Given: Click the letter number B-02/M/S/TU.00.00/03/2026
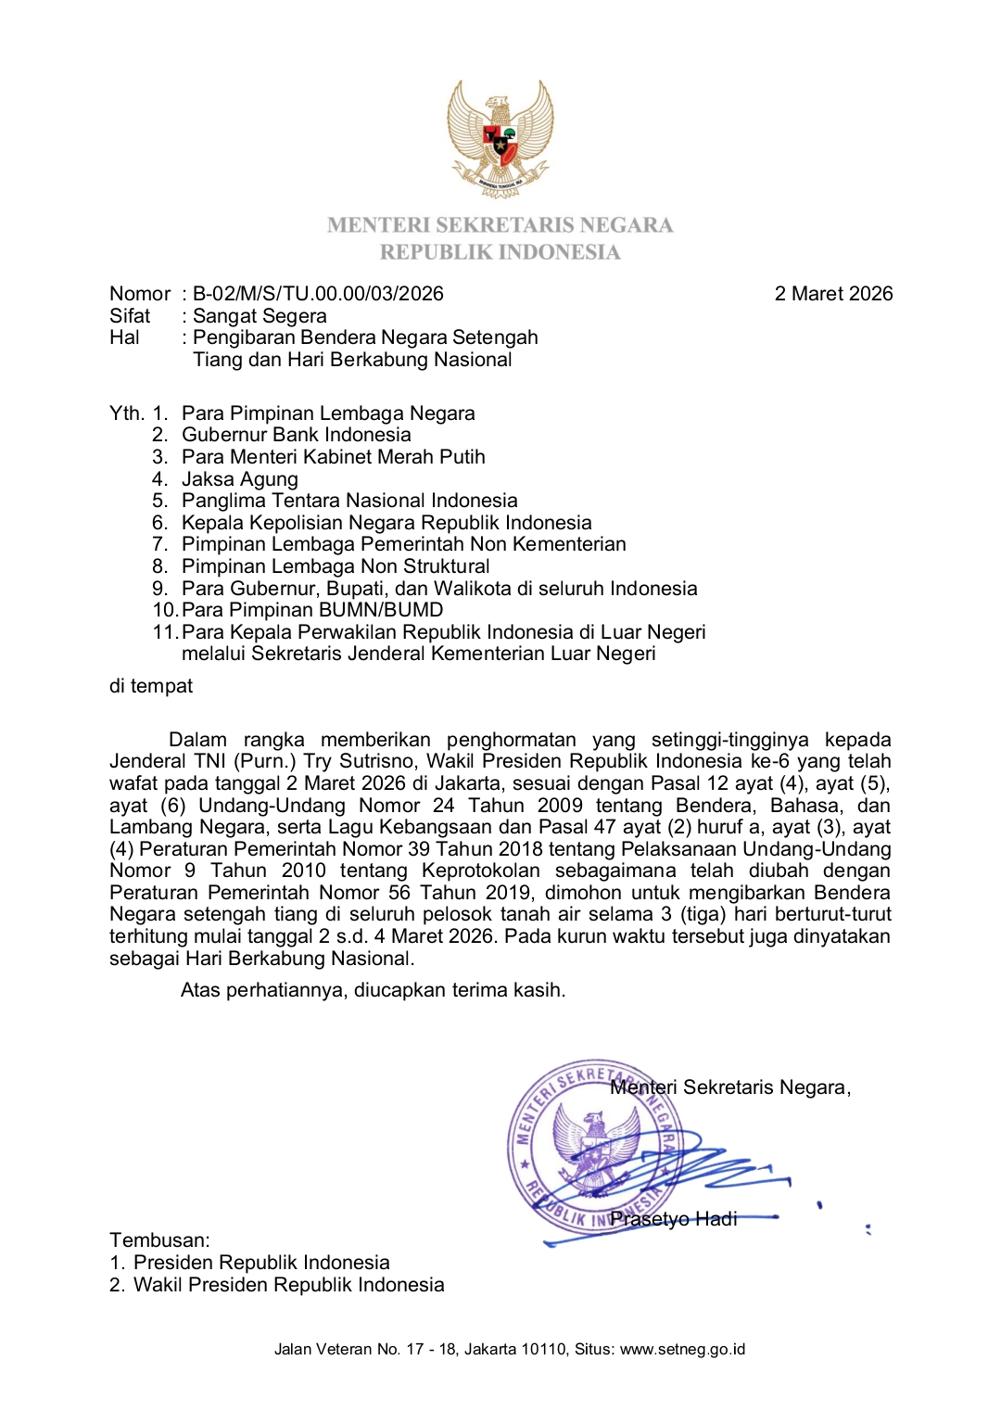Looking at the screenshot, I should click(318, 294).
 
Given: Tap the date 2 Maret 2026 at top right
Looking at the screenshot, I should click(833, 294).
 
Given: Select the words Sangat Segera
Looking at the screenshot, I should click(260, 316).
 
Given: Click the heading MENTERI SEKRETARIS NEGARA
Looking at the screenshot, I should click(500, 225).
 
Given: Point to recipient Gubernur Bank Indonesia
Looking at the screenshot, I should click(296, 435).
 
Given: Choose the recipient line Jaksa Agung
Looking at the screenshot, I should click(240, 479).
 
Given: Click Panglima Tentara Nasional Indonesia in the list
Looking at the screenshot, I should click(349, 501).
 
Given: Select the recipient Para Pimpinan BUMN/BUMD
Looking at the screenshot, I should click(312, 610).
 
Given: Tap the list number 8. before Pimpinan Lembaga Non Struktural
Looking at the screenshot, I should click(160, 566).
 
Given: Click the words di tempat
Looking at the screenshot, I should click(151, 686).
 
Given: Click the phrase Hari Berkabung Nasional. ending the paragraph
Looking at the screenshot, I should click(321, 959).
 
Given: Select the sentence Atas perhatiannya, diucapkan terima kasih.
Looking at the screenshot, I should click(373, 990).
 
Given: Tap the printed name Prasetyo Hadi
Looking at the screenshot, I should click(674, 1219).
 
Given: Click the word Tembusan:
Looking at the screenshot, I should click(159, 1240).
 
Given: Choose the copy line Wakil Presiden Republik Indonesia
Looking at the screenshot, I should click(288, 1285).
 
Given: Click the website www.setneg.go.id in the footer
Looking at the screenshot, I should click(682, 1350).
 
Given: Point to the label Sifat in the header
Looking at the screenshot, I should click(130, 316).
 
